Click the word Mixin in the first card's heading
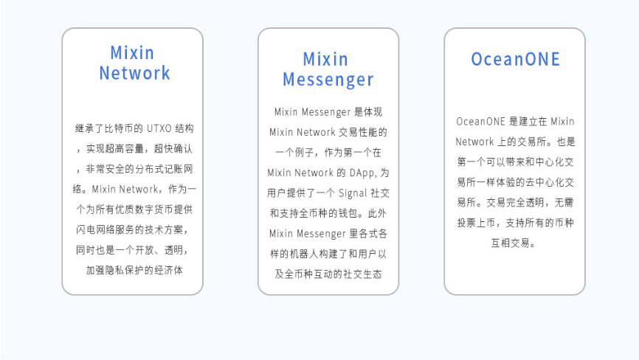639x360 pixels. pos(132,52)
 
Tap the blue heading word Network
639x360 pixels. pos(134,73)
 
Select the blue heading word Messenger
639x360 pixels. pos(328,80)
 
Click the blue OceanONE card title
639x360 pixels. pos(515,59)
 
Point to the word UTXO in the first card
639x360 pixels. pos(159,128)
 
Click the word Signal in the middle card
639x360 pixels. pos(353,193)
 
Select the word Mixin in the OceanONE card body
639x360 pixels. pos(562,122)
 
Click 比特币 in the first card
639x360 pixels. pos(119,128)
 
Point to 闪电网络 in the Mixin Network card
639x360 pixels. pos(95,229)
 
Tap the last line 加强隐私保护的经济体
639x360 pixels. pos(134,270)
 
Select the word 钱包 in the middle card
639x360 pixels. pos(348,213)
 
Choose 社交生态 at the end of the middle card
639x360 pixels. pos(362,274)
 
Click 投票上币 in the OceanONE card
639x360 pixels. pos(476,223)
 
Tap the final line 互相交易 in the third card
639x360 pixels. pos(510,243)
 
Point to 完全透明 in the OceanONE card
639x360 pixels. pos(525,202)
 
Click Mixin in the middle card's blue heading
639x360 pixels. pos(325,60)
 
